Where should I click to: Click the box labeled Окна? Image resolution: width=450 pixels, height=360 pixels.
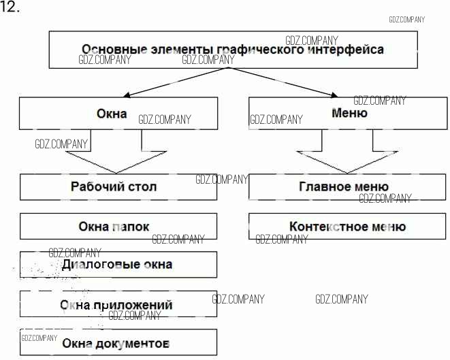(x=118, y=114)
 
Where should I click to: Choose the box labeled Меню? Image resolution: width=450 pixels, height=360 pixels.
(x=349, y=114)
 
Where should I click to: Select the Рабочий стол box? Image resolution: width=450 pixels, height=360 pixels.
(x=118, y=186)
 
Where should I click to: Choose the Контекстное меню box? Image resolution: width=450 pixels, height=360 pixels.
(x=347, y=227)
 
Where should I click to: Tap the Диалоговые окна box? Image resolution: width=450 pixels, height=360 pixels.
(x=118, y=265)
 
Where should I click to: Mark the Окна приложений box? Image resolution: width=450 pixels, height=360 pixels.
(x=118, y=304)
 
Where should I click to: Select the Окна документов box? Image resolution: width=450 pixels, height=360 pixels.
(x=118, y=344)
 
